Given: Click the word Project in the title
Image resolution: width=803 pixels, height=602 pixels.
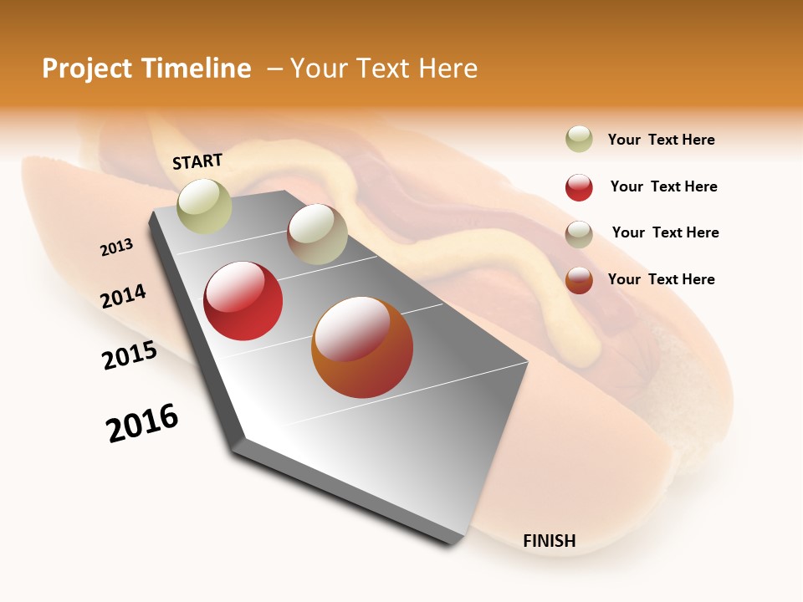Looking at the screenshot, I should click(87, 69).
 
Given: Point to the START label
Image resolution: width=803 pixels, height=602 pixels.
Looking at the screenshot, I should click(197, 161).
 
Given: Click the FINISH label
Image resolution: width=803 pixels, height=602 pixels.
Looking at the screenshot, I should click(550, 541).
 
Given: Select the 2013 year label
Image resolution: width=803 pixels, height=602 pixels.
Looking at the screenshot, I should click(117, 247).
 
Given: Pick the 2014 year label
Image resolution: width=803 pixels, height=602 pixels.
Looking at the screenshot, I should click(124, 296).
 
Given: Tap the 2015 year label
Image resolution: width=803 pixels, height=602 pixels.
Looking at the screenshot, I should click(130, 355).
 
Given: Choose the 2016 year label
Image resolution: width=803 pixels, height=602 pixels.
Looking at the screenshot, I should click(142, 423).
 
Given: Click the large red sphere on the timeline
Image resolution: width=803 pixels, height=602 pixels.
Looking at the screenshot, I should click(243, 301).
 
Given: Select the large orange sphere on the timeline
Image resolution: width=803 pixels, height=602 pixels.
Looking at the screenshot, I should click(362, 347).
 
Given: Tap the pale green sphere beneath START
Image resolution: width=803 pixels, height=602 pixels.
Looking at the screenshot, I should click(205, 206).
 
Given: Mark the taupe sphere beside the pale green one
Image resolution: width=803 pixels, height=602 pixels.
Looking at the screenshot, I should click(317, 234).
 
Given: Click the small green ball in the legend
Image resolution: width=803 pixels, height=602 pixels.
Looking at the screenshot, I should click(579, 140).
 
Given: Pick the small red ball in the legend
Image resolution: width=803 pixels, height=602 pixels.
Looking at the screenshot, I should click(579, 187).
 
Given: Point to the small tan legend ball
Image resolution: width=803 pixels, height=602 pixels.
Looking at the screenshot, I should click(579, 234).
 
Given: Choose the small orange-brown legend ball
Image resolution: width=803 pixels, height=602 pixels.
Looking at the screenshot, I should click(579, 280).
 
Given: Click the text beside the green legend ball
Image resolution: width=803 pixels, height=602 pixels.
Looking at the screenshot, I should click(662, 140).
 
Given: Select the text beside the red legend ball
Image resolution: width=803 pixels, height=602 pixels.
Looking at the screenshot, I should click(664, 186).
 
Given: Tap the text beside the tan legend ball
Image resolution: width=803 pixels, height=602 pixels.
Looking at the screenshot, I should click(666, 232).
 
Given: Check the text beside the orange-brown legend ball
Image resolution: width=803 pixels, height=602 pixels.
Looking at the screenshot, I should click(662, 279).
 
